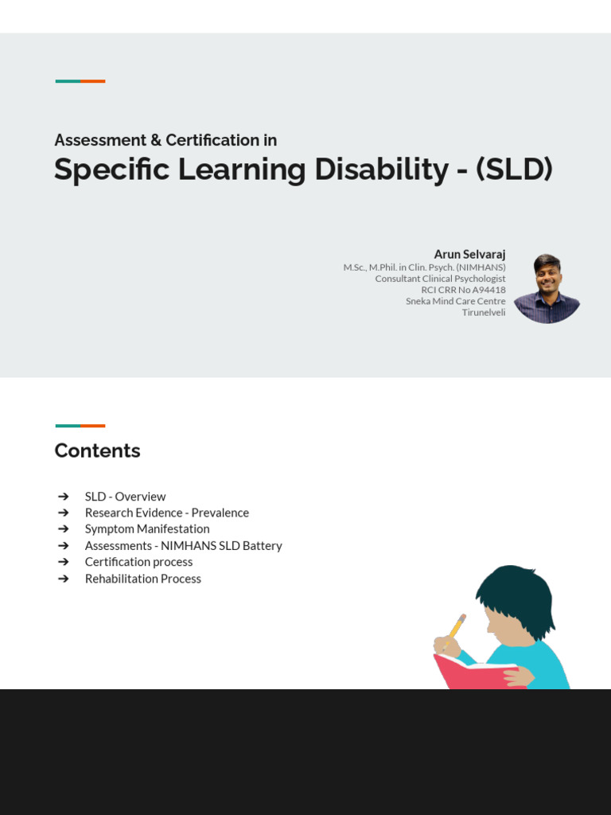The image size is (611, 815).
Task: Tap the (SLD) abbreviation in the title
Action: click(514, 170)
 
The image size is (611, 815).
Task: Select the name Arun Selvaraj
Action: click(469, 255)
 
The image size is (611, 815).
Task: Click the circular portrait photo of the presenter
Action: click(547, 289)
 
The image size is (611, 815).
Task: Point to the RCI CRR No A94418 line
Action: click(463, 290)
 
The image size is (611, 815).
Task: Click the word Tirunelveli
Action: click(484, 312)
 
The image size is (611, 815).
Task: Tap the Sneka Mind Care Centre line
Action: click(455, 301)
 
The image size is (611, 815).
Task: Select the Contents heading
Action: click(97, 450)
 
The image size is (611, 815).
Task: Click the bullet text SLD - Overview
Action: click(125, 497)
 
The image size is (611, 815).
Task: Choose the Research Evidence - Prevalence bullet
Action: click(166, 513)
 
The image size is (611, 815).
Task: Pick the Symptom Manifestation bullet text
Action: click(147, 528)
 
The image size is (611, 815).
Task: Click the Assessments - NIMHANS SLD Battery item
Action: click(183, 545)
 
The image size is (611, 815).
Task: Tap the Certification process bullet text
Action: click(138, 562)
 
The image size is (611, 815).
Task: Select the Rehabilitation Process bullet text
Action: click(142, 579)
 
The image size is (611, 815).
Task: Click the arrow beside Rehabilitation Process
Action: click(64, 579)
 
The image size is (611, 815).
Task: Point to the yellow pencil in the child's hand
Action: click(455, 628)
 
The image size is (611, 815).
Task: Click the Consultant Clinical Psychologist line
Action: click(440, 279)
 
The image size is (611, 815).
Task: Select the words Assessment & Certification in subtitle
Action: click(165, 140)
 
